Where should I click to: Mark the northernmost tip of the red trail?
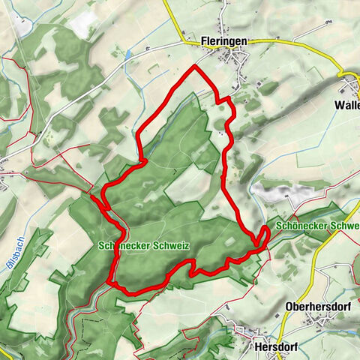coord(195,66)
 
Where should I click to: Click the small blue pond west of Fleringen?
coord(129,55)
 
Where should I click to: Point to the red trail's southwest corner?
coord(112,281)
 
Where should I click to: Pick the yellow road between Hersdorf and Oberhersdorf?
coord(281,330)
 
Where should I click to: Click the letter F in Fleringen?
coord(204,43)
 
